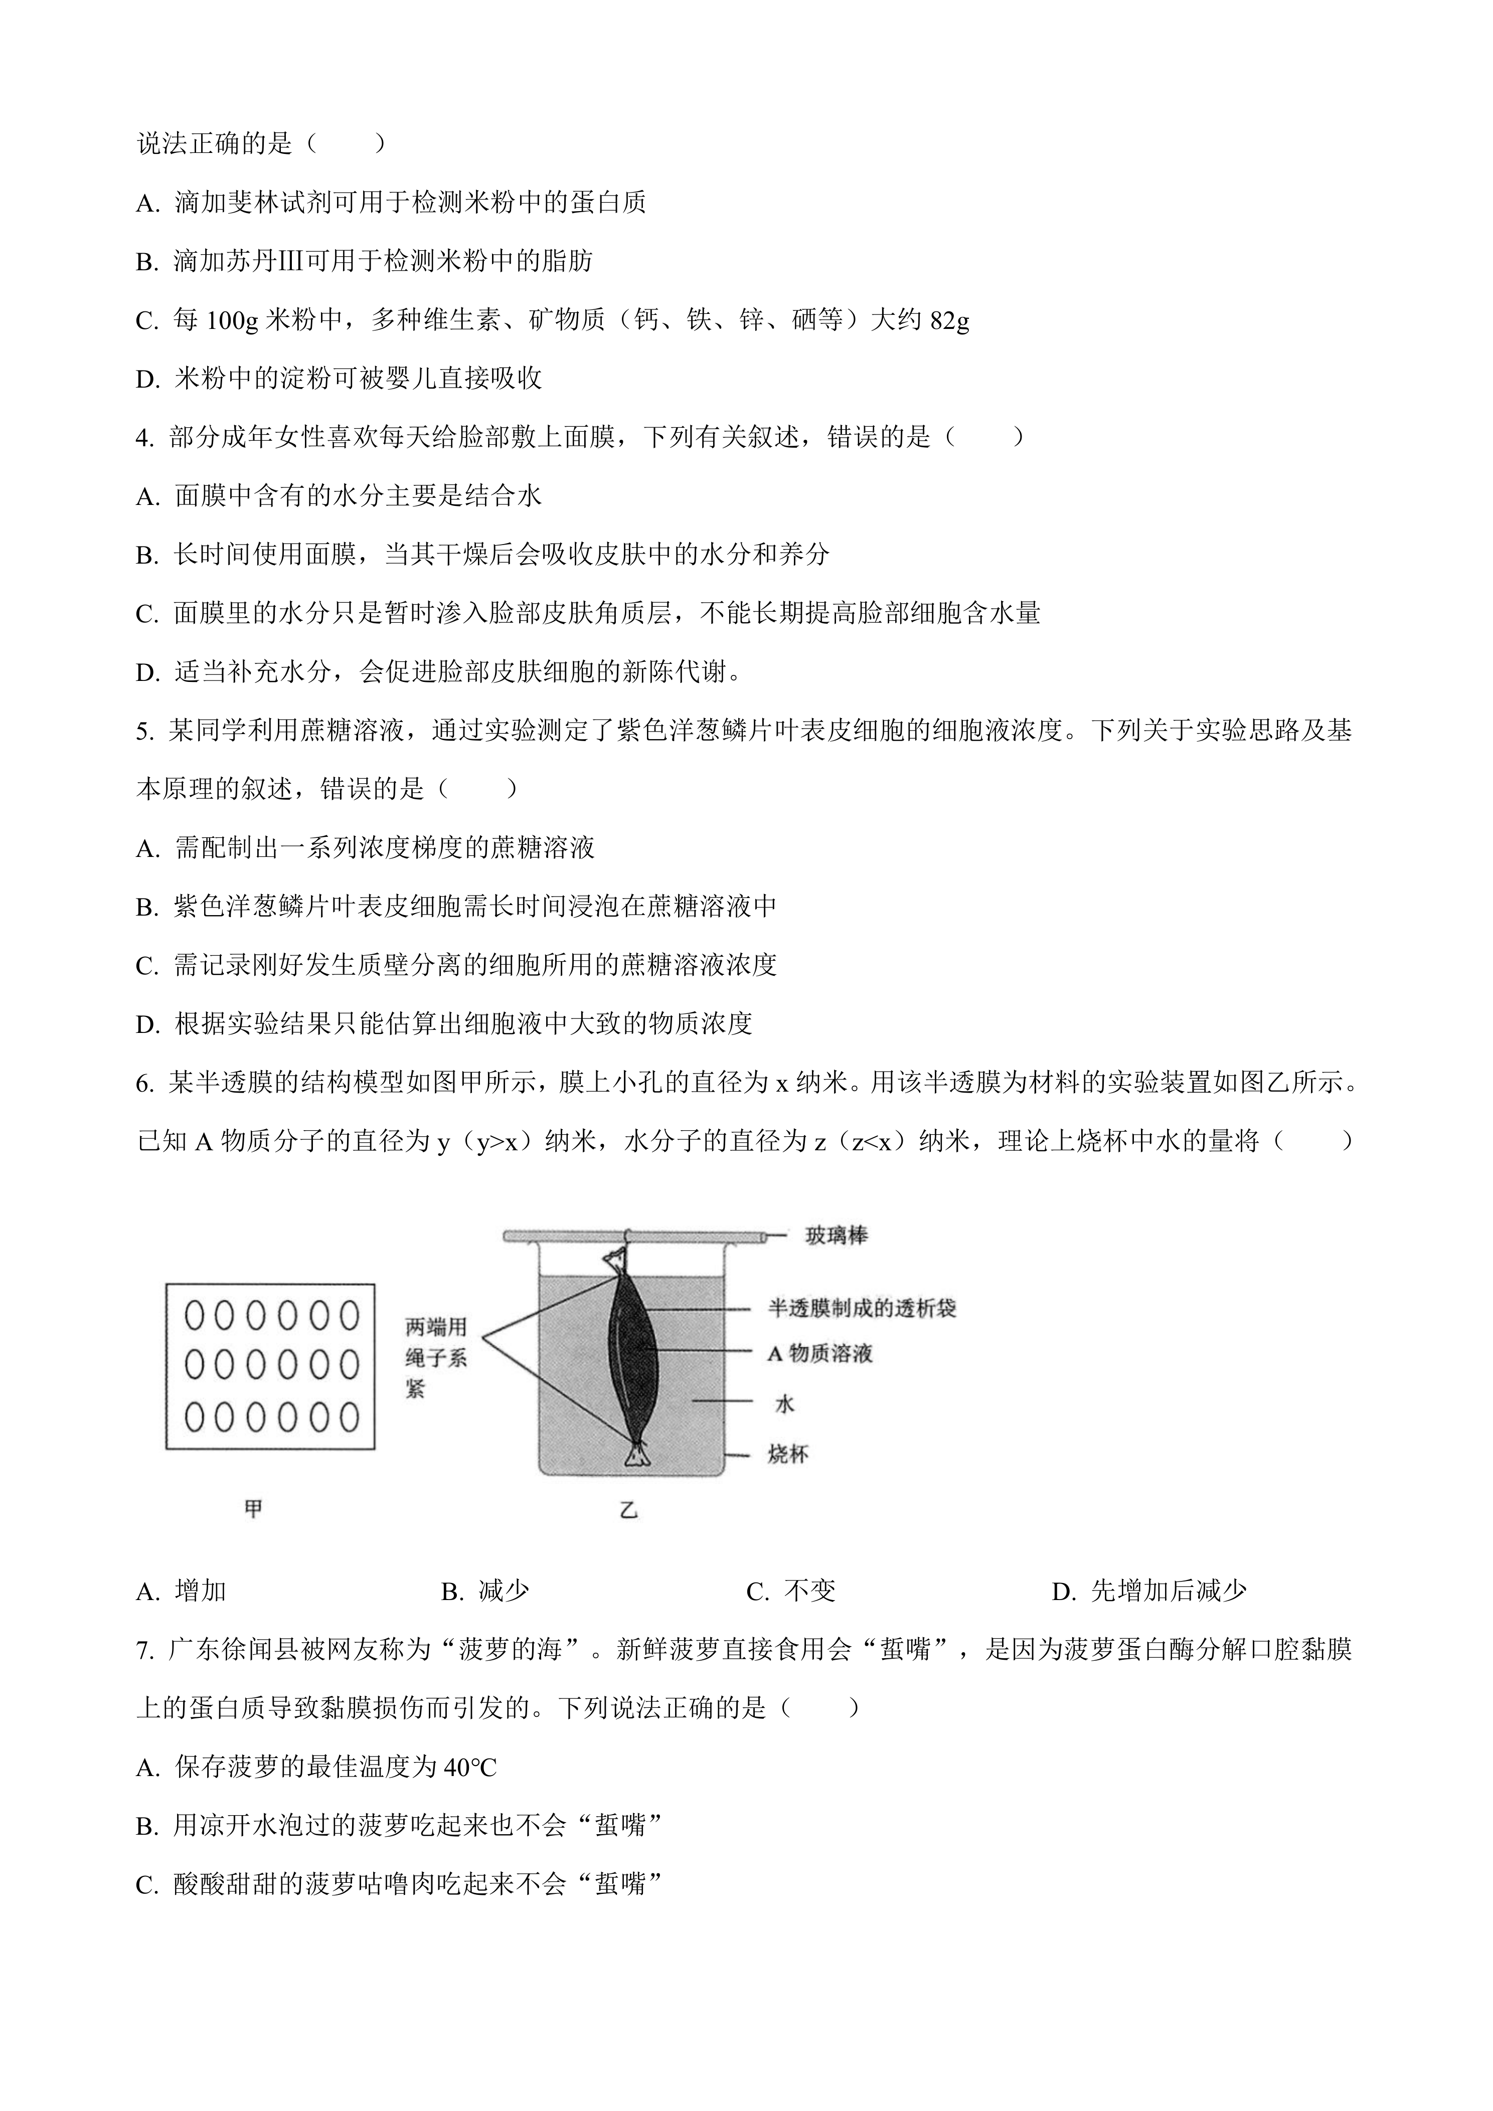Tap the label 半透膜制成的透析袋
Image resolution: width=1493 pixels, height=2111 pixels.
(862, 1307)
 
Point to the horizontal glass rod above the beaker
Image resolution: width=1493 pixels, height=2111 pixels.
(634, 1238)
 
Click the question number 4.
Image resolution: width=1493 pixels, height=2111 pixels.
(144, 439)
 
